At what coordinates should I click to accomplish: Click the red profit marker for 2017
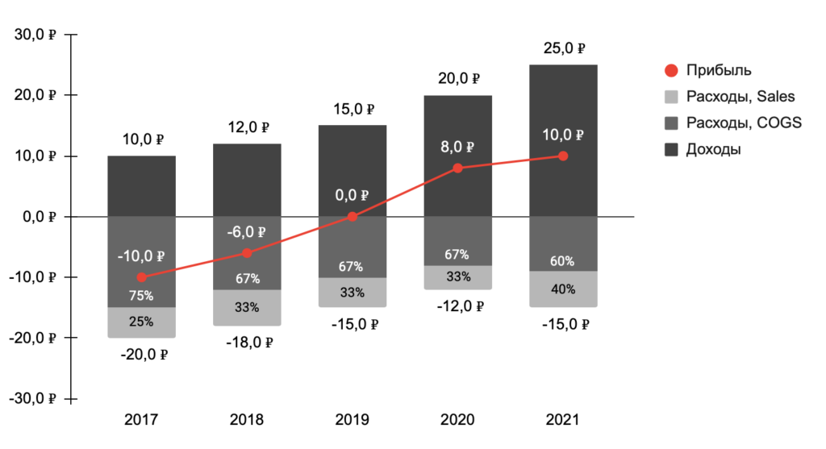click(142, 277)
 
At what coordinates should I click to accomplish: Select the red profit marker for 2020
click(457, 168)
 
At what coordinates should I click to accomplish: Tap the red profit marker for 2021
click(563, 156)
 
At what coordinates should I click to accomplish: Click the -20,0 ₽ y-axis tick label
click(33, 338)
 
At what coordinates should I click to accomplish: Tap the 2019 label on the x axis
click(353, 420)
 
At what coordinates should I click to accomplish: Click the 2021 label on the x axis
click(563, 420)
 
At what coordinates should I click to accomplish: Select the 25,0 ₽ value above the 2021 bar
click(563, 48)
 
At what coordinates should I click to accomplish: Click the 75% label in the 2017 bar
click(142, 296)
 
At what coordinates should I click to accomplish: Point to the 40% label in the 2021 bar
click(563, 289)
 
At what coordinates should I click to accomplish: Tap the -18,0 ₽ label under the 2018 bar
click(247, 342)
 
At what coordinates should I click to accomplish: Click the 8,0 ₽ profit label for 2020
click(457, 147)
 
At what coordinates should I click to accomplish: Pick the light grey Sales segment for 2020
click(457, 277)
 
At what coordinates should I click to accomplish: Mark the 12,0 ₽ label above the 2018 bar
click(247, 127)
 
